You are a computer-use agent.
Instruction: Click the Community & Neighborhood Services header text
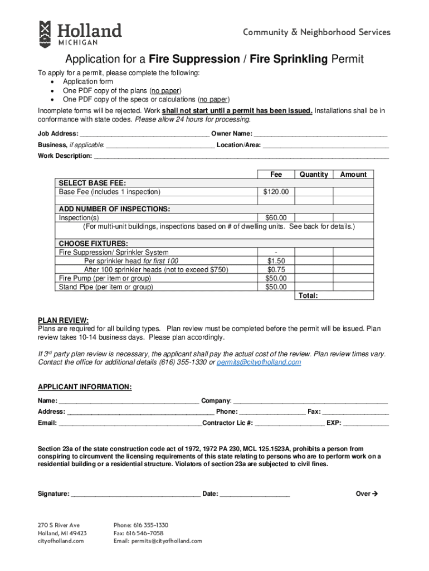316,32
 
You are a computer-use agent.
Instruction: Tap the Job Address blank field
145,134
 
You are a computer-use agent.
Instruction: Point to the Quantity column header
314,175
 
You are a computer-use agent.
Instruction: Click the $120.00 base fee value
276,192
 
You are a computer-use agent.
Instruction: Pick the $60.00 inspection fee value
276,217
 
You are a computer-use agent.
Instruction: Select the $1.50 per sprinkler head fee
276,261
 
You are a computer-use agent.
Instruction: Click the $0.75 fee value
276,269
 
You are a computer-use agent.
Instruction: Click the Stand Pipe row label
106,287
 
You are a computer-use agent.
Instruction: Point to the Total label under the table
308,296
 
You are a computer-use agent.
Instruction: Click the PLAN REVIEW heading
63,320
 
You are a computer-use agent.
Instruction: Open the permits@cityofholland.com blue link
259,362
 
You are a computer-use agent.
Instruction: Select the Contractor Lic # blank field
290,423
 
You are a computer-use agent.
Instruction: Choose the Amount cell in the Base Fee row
353,192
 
